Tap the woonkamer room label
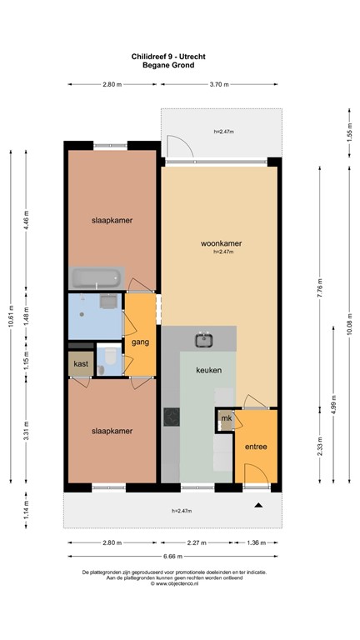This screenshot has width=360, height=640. coord(221,244)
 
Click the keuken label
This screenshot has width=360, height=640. coord(208,370)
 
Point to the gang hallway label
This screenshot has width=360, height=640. coord(140,342)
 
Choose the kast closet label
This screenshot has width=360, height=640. coord(81,364)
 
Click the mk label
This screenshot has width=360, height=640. coord(225,418)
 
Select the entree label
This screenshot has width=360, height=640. coord(256,447)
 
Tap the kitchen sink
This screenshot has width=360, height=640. coord(202,339)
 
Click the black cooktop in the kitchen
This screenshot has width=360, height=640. coord(172,416)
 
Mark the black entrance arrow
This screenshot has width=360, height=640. coord(257,505)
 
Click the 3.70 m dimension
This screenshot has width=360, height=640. coord(220,84)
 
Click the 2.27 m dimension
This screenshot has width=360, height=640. coord(197,542)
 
